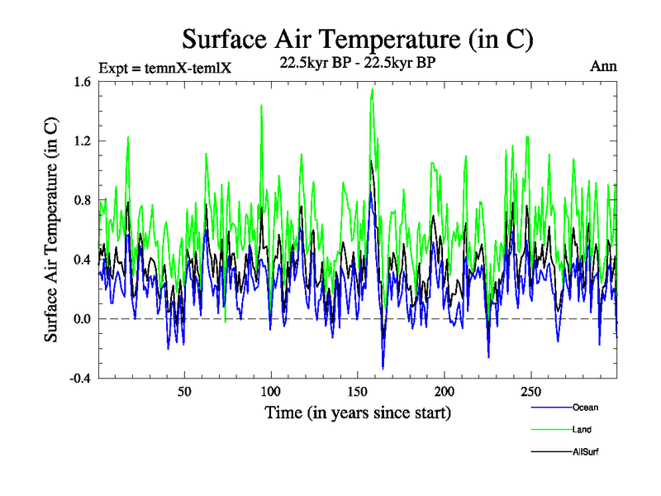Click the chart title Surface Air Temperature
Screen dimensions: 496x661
(x=357, y=40)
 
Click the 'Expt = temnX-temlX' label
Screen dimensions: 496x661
(x=164, y=68)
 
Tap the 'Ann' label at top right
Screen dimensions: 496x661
(x=603, y=66)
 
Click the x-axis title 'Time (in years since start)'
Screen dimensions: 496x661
(x=358, y=412)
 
